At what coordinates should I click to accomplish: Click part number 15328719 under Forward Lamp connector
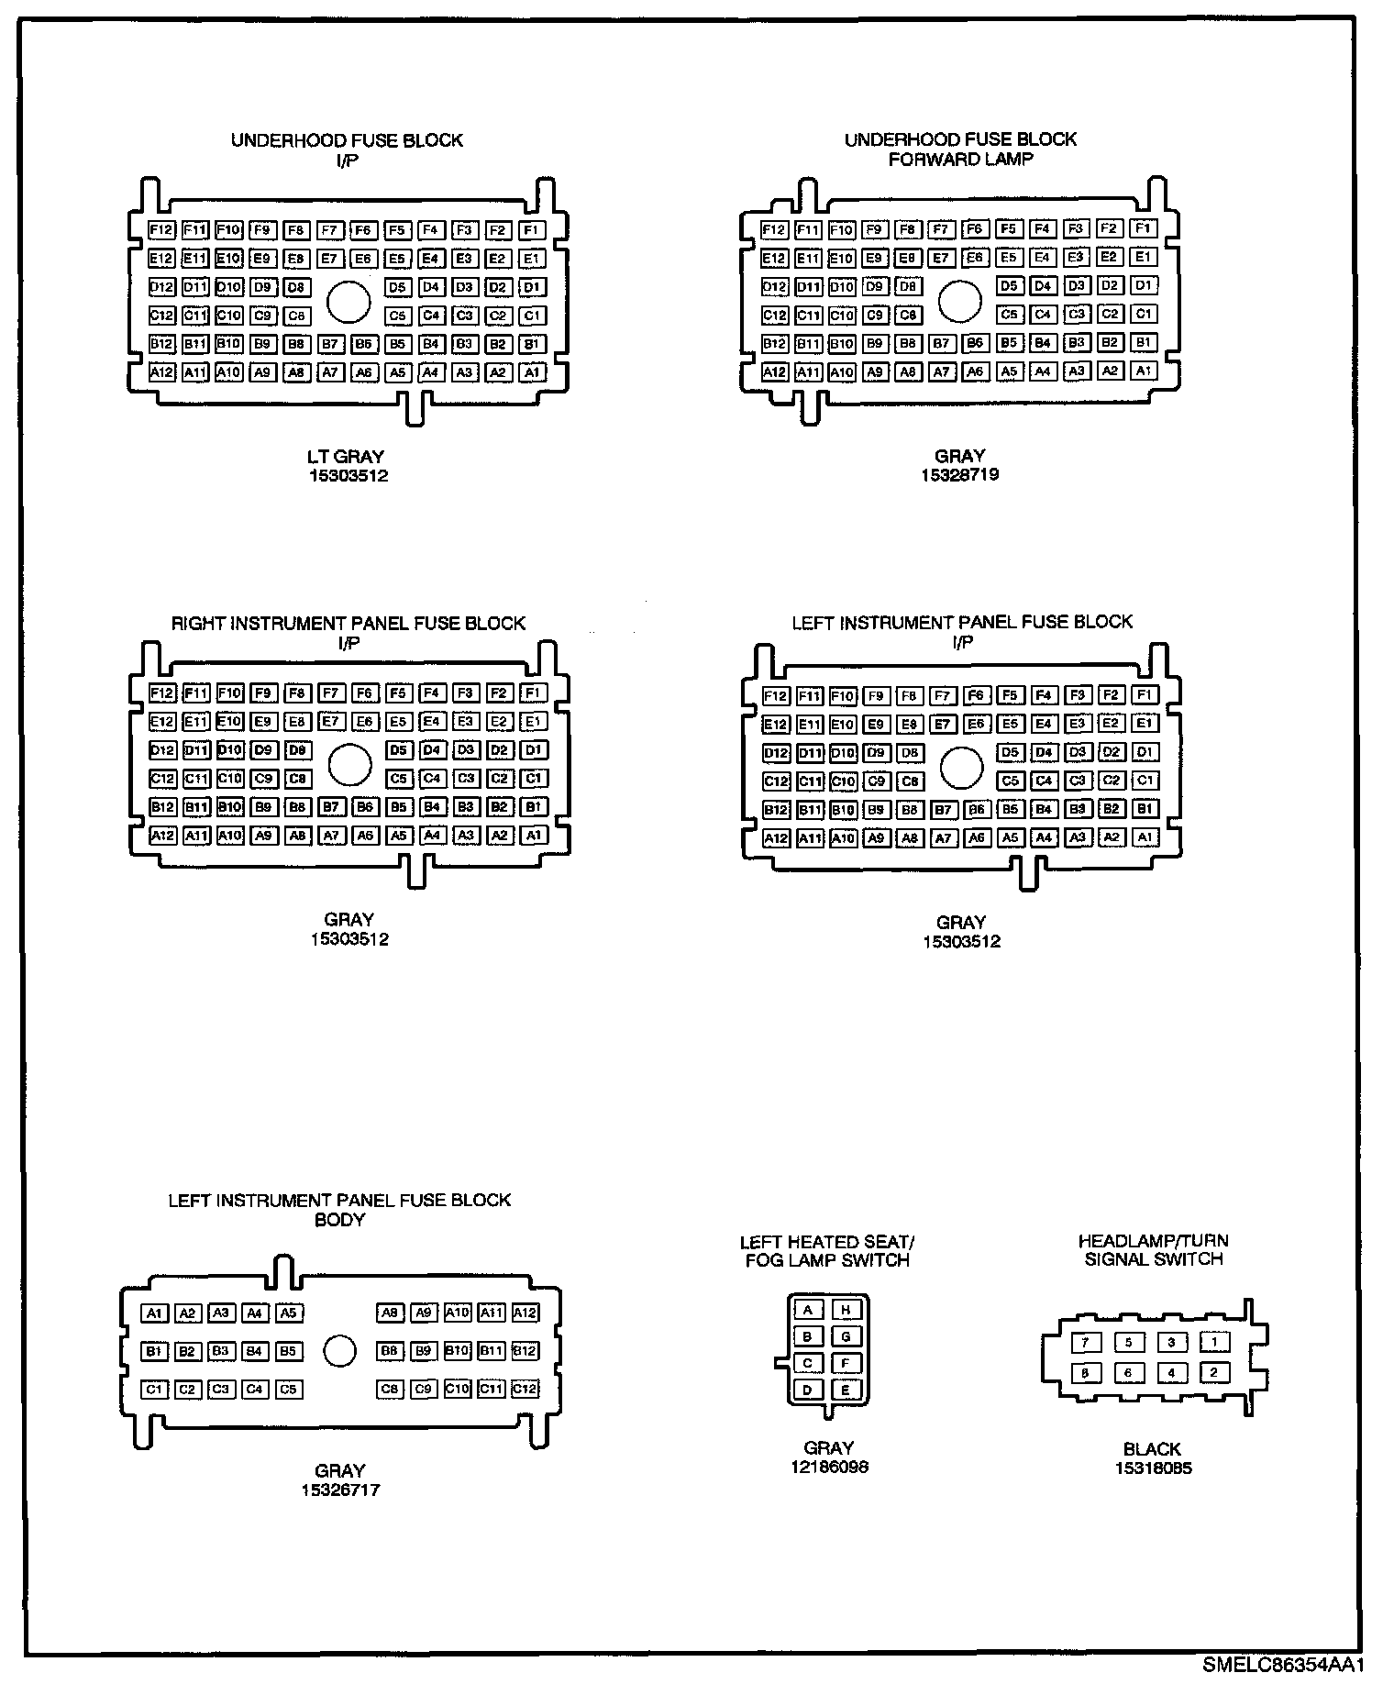click(x=959, y=475)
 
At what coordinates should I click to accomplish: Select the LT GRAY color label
click(x=347, y=456)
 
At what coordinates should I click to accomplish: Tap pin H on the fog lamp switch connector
click(x=846, y=1311)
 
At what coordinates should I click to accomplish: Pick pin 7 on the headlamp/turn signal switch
click(x=1086, y=1343)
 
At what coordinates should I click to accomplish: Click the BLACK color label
click(x=1152, y=1449)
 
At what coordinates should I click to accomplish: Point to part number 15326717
click(x=339, y=1490)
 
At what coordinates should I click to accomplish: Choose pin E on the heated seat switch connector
click(x=846, y=1390)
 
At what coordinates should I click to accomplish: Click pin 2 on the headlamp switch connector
click(x=1214, y=1373)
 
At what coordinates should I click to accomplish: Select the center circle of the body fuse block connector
click(x=339, y=1351)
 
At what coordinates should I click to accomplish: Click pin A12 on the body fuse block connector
click(x=525, y=1313)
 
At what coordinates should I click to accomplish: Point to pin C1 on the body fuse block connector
click(x=154, y=1390)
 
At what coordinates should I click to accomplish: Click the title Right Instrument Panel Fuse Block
click(x=348, y=624)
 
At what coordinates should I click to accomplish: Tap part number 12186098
click(x=829, y=1467)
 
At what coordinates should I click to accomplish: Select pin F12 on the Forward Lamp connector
click(x=774, y=229)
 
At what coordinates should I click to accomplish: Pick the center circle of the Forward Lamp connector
click(x=960, y=301)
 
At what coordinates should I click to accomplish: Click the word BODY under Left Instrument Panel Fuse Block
click(x=339, y=1220)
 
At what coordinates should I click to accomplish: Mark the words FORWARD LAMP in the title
click(x=960, y=159)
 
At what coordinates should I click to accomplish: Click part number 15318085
click(x=1153, y=1468)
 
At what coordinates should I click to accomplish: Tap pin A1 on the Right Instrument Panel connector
click(x=533, y=836)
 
